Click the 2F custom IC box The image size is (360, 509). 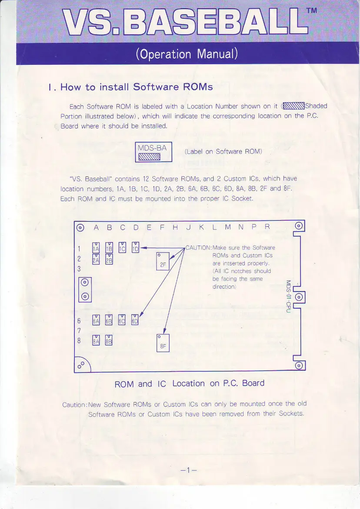tap(163, 261)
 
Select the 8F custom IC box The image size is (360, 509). tap(163, 343)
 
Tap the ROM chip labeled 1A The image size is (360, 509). tap(96, 248)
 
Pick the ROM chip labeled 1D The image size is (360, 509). tap(135, 247)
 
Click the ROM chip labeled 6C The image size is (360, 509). tap(122, 320)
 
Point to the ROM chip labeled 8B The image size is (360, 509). tap(109, 340)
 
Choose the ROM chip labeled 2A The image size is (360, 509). tap(96, 259)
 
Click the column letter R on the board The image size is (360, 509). tap(267, 226)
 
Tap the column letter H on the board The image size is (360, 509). tap(175, 227)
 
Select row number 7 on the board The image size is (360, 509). tap(79, 331)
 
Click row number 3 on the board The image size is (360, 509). tap(79, 269)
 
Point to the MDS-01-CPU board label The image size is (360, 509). tap(288, 296)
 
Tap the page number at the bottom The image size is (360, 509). tap(188, 470)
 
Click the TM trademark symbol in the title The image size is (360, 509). tap(312, 10)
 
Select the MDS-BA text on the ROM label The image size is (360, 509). tap(152, 148)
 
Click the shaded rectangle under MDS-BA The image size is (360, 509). tap(149, 157)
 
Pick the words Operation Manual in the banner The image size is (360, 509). tap(187, 54)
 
